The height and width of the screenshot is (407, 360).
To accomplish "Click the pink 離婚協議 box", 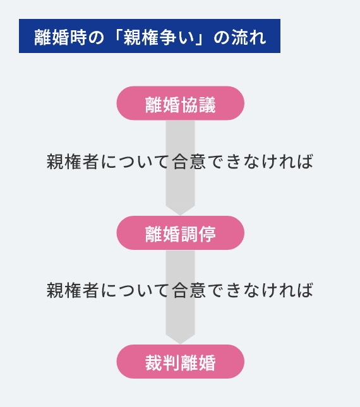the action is (180, 103).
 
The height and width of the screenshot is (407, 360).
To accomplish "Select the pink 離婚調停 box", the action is (180, 233).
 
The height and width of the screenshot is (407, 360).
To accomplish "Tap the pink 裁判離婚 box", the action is (180, 362).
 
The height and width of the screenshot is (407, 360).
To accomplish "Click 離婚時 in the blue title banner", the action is (60, 37).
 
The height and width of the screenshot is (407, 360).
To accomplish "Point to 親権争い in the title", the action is (159, 37).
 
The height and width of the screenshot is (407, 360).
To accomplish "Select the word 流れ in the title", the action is (249, 37).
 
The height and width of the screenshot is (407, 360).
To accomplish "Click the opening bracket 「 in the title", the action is (117, 35).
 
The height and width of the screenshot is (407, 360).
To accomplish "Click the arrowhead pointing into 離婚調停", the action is (180, 210).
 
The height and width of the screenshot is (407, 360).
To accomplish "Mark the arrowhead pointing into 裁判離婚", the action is (180, 339).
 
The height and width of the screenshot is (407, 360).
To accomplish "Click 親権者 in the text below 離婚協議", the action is (73, 162).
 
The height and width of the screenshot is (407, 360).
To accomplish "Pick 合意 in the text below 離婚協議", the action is (189, 162).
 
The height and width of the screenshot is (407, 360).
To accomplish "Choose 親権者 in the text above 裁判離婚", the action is (73, 290).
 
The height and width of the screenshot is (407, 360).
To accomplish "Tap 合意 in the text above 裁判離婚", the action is (189, 290).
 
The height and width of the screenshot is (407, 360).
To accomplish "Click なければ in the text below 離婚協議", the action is (279, 162).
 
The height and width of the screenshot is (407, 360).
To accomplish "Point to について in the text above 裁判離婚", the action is (135, 290).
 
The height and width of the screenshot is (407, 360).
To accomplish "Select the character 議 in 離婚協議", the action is (207, 105).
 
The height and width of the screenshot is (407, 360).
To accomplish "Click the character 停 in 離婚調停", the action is (207, 234).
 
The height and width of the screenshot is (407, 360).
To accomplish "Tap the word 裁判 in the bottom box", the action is (162, 363).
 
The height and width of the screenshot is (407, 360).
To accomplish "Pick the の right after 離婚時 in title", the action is (96, 38).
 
